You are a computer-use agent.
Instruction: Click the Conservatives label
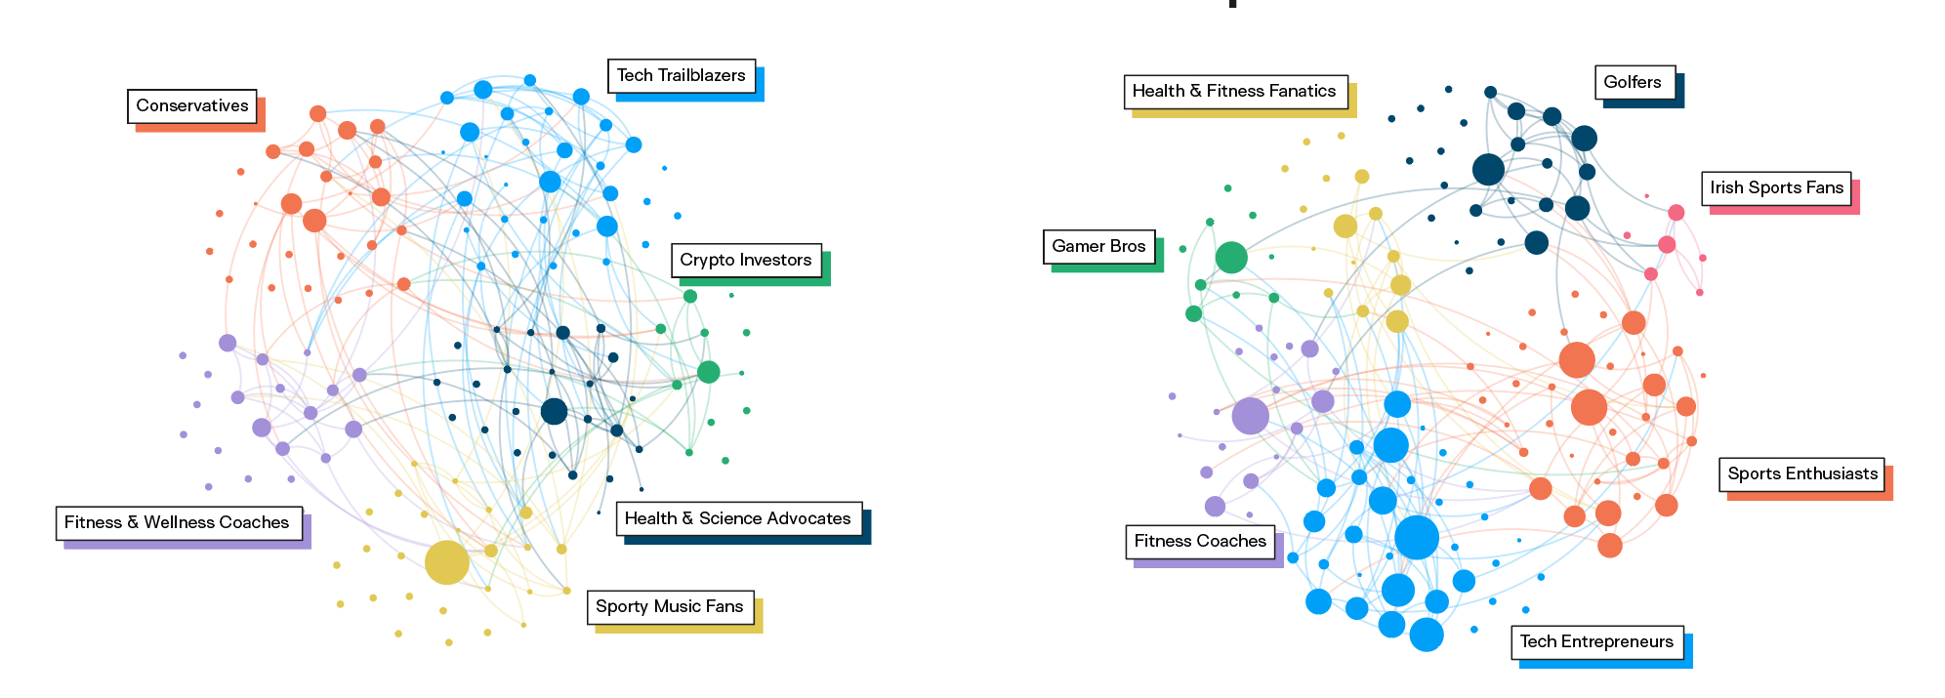click(192, 105)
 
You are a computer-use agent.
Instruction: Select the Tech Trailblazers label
click(681, 75)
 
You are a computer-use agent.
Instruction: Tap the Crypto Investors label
click(745, 260)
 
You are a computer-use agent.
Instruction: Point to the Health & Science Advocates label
click(737, 518)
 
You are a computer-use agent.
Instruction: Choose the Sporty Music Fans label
click(669, 606)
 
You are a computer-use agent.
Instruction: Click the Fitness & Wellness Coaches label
click(177, 522)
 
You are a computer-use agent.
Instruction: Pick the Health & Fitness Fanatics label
click(1233, 91)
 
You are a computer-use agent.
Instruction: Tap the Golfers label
click(1632, 82)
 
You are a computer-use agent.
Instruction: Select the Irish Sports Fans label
click(1776, 187)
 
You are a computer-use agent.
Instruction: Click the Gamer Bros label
click(1098, 246)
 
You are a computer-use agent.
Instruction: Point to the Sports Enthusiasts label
click(1801, 473)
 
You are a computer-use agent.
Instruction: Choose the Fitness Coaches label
click(1200, 541)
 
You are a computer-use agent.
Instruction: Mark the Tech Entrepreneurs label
click(1596, 641)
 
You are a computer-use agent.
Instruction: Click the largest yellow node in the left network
click(447, 563)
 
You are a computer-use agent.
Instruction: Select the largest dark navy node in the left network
click(554, 411)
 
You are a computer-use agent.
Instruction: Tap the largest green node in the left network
click(709, 372)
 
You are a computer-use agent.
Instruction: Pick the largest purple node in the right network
click(1250, 416)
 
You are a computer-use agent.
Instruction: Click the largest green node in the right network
click(1231, 258)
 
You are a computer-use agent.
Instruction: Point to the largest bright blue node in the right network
click(1417, 537)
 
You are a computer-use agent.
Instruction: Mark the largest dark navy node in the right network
click(1488, 169)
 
